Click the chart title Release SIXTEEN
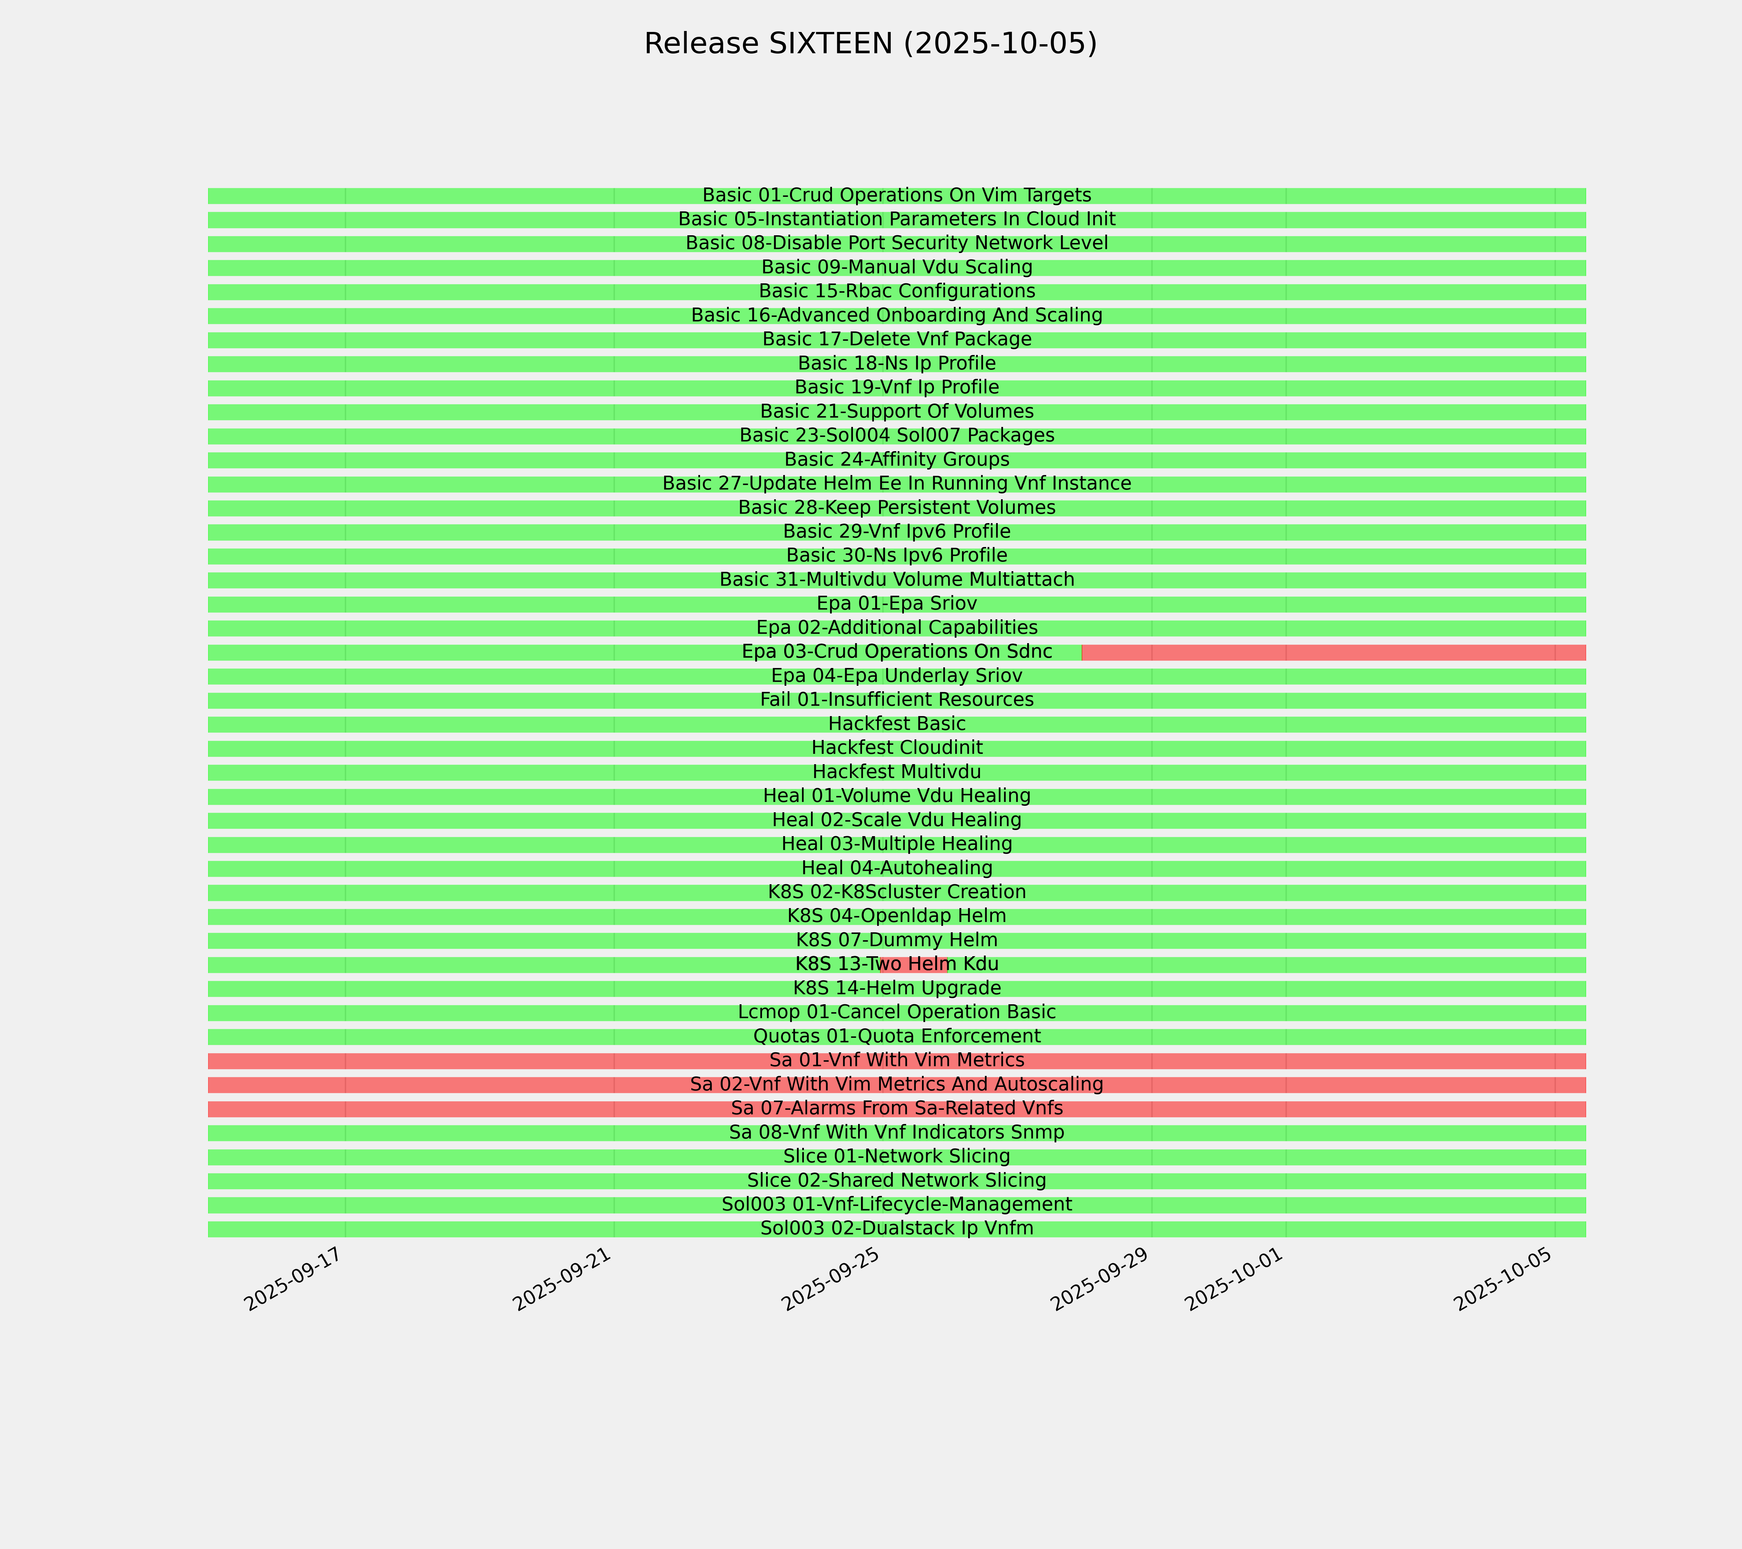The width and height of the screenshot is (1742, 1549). point(870,44)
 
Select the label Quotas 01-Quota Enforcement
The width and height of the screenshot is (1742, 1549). point(896,1037)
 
